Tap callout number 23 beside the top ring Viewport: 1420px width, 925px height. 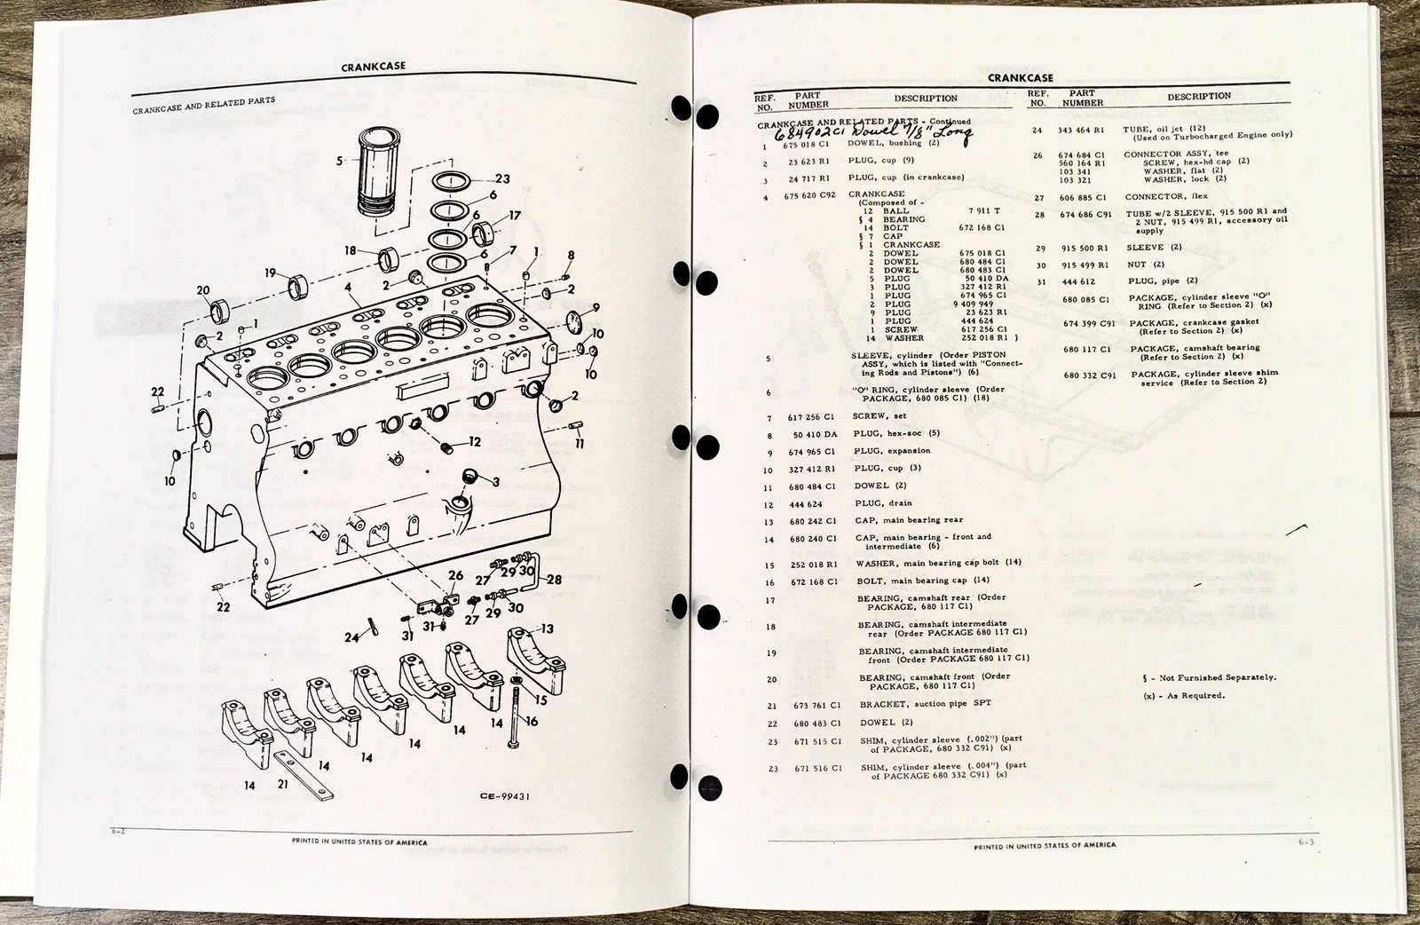click(x=501, y=178)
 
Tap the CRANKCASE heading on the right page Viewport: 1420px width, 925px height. click(x=1020, y=78)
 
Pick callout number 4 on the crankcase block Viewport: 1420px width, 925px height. click(x=349, y=289)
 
